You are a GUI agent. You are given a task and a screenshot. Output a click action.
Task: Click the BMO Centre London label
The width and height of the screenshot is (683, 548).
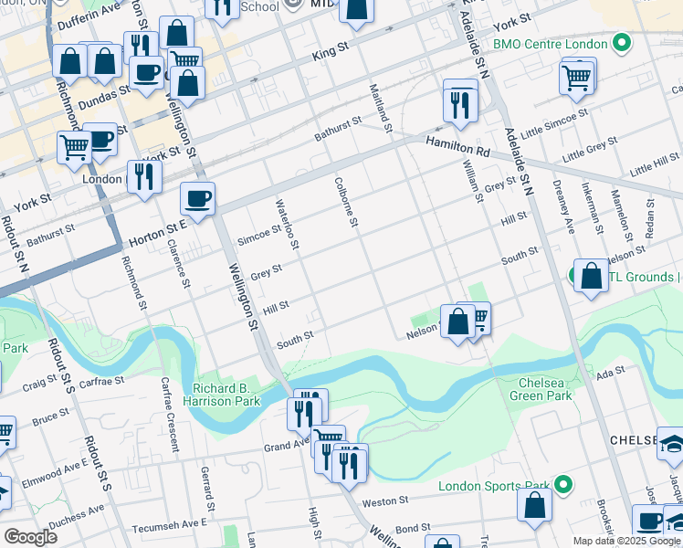coord(550,43)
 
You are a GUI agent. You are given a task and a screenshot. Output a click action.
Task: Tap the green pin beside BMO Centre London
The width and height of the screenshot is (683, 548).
coord(622,43)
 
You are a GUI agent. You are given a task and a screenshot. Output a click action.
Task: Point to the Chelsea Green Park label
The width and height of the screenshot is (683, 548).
coord(545,389)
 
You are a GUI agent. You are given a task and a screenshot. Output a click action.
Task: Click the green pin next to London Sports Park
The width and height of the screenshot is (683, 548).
coord(564,486)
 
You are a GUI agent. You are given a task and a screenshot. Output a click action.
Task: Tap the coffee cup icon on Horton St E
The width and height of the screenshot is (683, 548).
coord(197,198)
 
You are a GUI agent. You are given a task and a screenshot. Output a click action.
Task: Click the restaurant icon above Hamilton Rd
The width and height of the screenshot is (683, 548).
coord(460,103)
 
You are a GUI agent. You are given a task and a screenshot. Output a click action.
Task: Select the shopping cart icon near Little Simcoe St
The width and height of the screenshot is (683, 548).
coord(576,78)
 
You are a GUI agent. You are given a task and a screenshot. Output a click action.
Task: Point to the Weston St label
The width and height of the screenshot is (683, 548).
coord(384,501)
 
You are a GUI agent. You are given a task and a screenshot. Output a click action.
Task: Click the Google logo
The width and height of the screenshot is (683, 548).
coord(30,537)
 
